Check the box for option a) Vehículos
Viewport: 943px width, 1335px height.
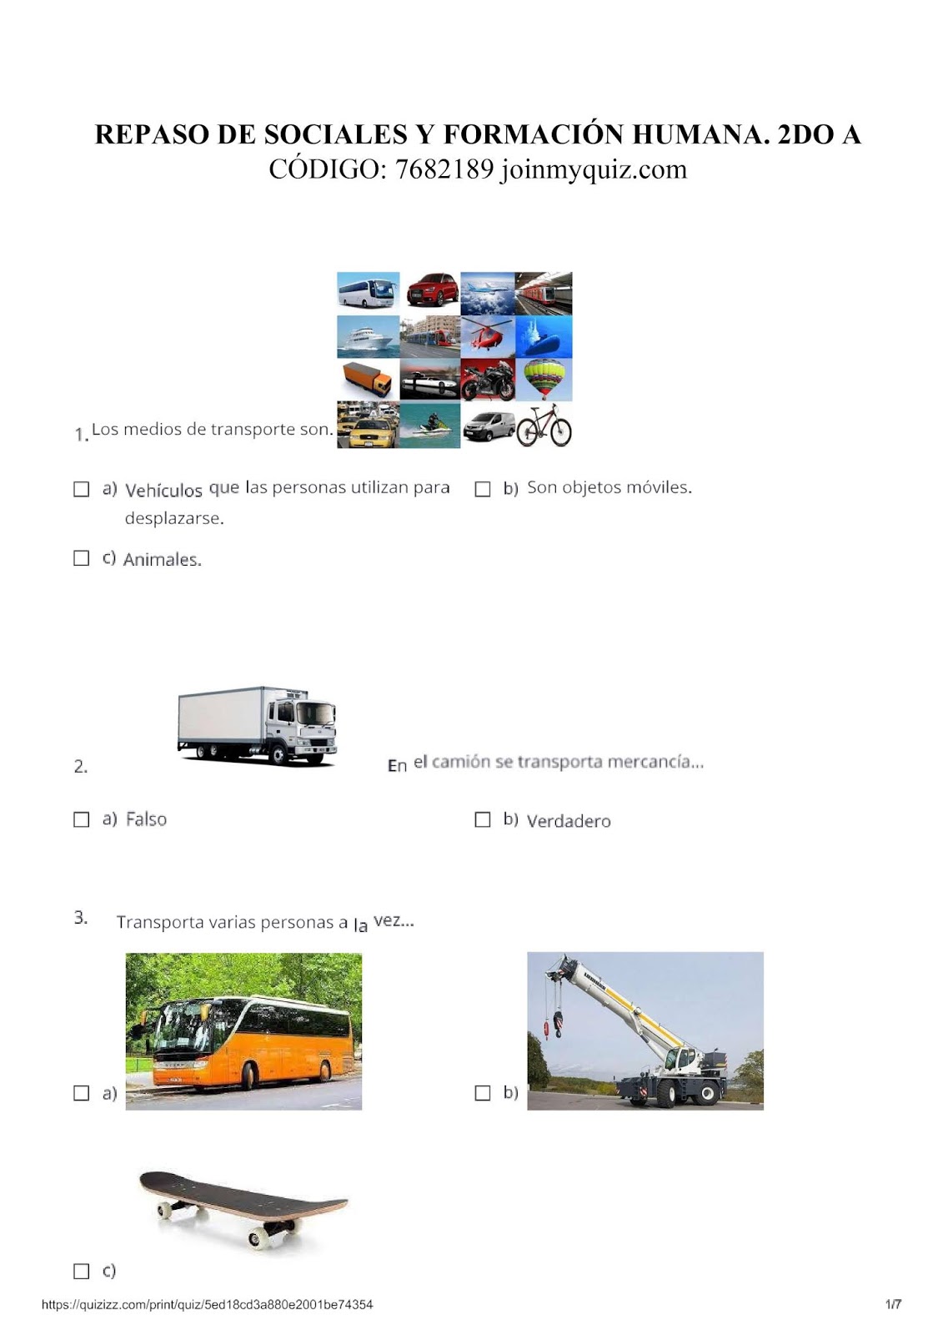coord(81,489)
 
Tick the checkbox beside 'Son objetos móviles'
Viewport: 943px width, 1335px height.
coord(483,489)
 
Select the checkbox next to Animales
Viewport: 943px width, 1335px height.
coord(81,558)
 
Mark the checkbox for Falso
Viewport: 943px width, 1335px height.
coord(81,819)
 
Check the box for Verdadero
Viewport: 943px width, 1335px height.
coord(483,819)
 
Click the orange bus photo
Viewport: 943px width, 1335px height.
coord(243,1031)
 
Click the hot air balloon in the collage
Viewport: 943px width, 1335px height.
coord(544,379)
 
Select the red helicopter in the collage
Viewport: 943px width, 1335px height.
coord(487,336)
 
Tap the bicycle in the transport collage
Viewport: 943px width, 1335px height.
coord(544,425)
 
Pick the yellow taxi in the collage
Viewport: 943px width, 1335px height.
coord(369,425)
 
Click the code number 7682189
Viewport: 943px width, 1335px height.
coord(444,169)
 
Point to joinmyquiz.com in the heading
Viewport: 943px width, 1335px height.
coord(594,170)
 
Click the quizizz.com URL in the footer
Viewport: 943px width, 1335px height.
coord(208,1305)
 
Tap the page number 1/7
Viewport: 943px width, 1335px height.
coord(893,1305)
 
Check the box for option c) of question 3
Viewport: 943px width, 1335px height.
coord(81,1272)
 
